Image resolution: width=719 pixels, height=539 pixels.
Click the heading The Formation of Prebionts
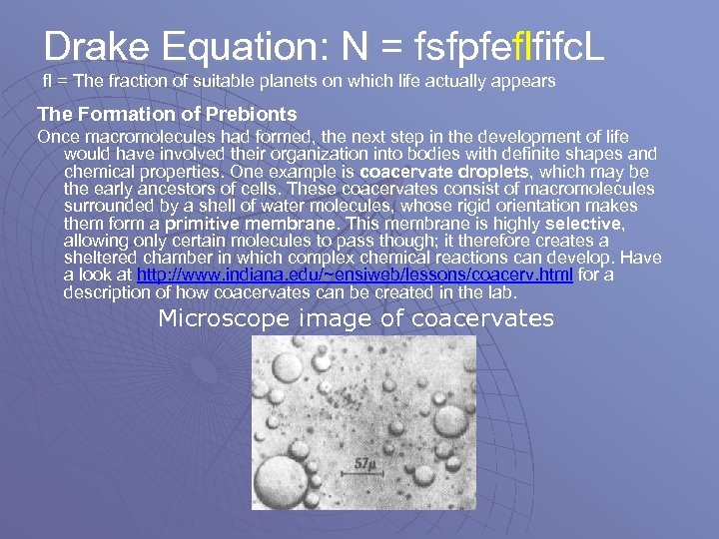pyautogui.click(x=167, y=114)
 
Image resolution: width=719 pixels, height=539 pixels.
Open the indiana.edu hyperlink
pyautogui.click(x=355, y=274)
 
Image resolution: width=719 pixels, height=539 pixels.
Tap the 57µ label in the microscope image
pyautogui.click(x=368, y=463)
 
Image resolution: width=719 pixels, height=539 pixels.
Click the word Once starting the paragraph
pyautogui.click(x=58, y=136)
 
